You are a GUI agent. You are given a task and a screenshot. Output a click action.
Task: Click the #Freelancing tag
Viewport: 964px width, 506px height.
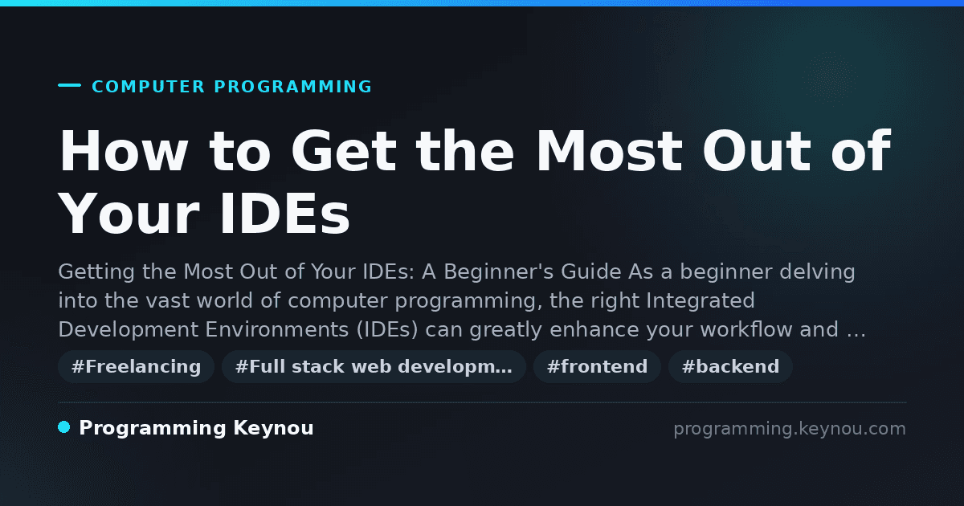pyautogui.click(x=136, y=366)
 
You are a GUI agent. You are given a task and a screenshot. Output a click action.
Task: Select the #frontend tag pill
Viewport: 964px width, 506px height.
pyautogui.click(x=597, y=366)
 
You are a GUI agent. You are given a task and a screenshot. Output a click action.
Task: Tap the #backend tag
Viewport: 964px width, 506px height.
pyautogui.click(x=730, y=366)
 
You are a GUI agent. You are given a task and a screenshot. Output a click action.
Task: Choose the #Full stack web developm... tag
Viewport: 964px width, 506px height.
pyautogui.click(x=374, y=366)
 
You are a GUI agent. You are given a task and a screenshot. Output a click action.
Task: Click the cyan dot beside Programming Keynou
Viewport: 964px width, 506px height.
pyautogui.click(x=63, y=427)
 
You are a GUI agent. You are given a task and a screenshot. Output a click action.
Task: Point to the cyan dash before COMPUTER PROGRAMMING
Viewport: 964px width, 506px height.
pyautogui.click(x=69, y=85)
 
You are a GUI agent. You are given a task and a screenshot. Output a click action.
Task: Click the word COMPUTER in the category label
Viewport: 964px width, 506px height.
pyautogui.click(x=149, y=87)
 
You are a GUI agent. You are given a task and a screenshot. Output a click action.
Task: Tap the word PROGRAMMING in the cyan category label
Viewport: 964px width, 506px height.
pyautogui.click(x=292, y=87)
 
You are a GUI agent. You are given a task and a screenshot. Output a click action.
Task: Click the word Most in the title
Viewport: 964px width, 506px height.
pyautogui.click(x=609, y=151)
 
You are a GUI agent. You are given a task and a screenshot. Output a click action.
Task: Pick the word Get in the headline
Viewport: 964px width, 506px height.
pyautogui.click(x=344, y=151)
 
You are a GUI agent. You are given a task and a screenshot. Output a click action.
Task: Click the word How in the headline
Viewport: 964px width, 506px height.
pyautogui.click(x=124, y=151)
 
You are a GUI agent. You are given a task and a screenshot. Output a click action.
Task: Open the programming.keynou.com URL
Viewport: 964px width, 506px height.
pyautogui.click(x=790, y=429)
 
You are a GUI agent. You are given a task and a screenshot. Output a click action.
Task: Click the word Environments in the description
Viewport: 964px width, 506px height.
pyautogui.click(x=276, y=329)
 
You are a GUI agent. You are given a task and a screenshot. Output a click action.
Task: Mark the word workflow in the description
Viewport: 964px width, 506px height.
pyautogui.click(x=746, y=329)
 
